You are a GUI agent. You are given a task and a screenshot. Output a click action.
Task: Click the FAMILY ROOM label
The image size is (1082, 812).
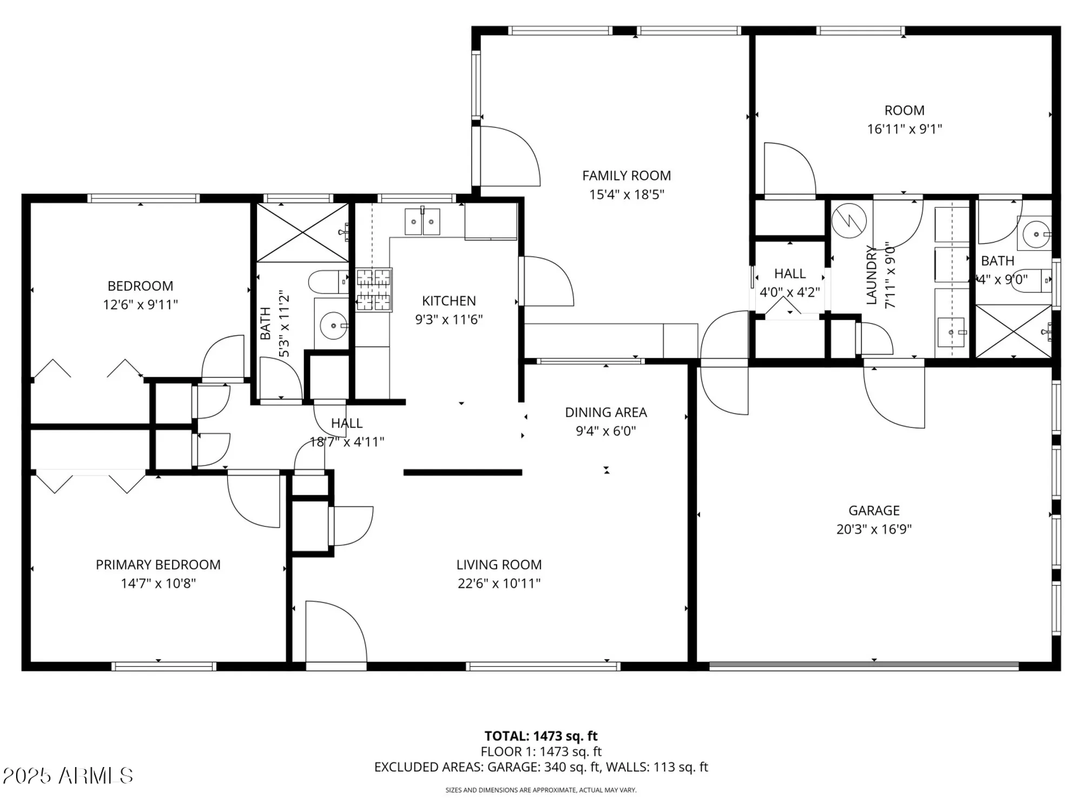[x=626, y=176]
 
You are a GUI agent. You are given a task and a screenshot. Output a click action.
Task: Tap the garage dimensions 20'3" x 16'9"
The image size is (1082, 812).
[x=874, y=529]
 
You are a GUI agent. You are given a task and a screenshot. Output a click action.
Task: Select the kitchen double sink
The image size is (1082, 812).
[x=423, y=222]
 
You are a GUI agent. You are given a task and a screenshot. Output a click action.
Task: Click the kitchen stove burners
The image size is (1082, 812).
[x=374, y=291]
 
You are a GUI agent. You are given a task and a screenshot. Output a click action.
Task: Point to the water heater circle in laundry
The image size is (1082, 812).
[x=849, y=220]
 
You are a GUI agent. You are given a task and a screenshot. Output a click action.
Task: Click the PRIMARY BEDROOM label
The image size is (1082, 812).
[x=158, y=565]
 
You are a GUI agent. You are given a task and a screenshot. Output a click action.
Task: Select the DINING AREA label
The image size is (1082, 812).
[x=606, y=412]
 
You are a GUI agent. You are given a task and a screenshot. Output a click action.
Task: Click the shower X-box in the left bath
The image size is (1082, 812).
[x=302, y=233]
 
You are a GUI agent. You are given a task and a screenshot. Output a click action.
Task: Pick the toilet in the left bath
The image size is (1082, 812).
[x=327, y=281]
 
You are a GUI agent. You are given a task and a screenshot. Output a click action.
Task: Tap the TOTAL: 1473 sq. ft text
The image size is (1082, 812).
[x=541, y=736]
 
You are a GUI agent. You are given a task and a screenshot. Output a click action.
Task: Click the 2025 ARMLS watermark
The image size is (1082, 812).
[x=68, y=776]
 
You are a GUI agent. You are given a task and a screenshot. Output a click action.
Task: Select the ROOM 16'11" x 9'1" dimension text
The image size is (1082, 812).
[x=905, y=129]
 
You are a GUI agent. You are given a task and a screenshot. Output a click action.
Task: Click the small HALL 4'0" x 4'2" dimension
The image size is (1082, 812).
[x=790, y=292]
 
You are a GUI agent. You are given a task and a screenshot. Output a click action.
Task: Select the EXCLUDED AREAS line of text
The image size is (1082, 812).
[x=541, y=767]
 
